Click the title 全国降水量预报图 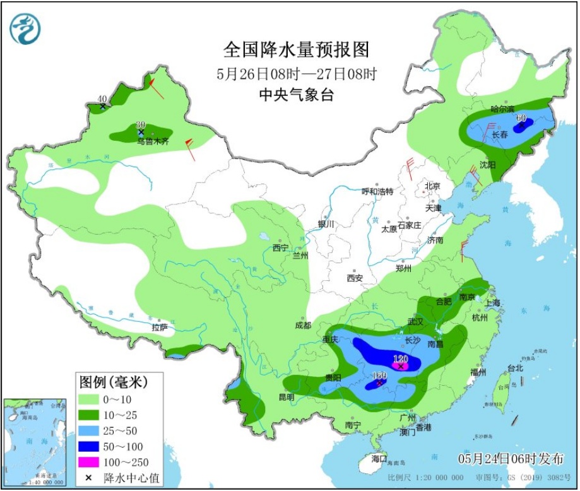296,49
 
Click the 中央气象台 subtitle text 296,95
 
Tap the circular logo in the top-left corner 25,28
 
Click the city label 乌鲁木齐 153,142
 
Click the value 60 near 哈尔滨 521,117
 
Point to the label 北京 432,186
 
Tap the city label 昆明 287,397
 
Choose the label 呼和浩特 377,191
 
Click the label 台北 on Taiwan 516,368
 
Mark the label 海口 379,458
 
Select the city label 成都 302,326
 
